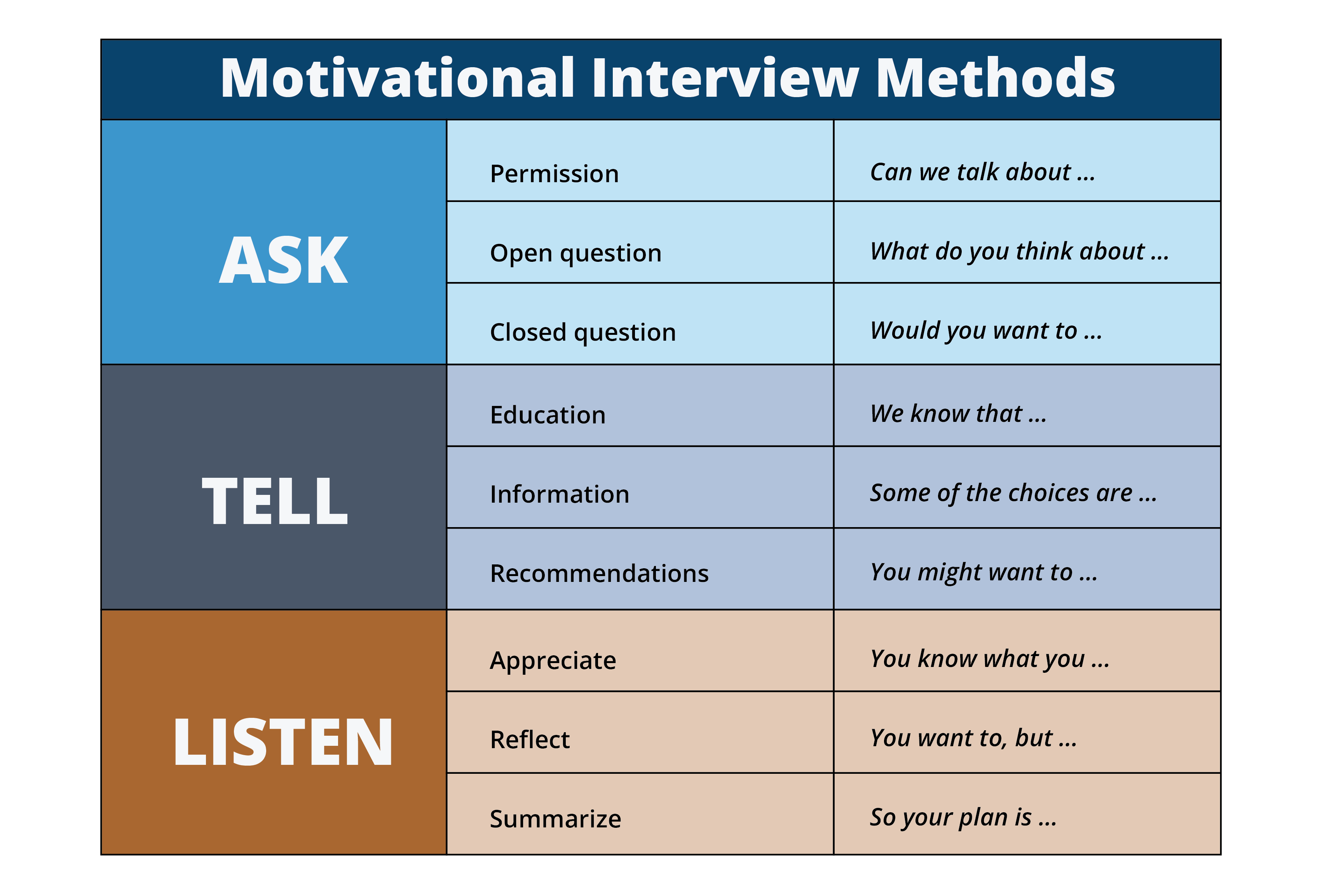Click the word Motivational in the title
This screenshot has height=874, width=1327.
(398, 78)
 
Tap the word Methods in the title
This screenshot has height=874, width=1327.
(995, 78)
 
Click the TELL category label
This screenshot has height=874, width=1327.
(275, 501)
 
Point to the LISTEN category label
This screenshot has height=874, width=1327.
(283, 741)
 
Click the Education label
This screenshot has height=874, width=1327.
(548, 415)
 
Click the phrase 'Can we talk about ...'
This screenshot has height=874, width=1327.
(982, 172)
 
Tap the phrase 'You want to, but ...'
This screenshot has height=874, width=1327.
(973, 738)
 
